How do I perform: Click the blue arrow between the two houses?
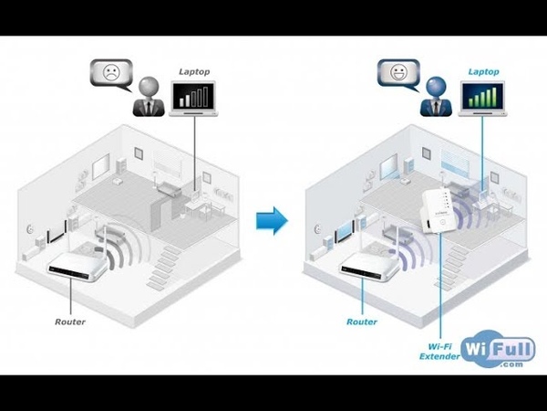click(x=271, y=220)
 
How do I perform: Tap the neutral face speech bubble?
click(x=397, y=73)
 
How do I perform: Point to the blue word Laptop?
click(x=483, y=70)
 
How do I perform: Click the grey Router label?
click(x=70, y=321)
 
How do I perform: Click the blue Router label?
click(x=361, y=321)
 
